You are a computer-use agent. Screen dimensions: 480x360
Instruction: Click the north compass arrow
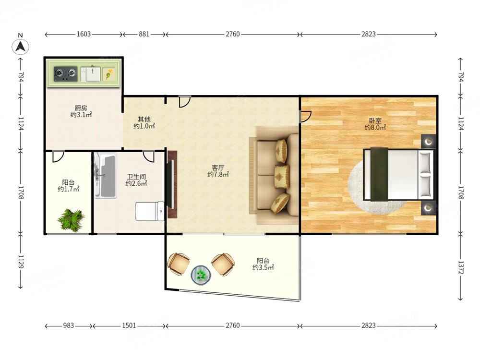coord(21,47)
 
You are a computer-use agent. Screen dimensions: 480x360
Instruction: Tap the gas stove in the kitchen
coord(65,74)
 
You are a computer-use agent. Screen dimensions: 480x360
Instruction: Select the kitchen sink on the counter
coord(90,74)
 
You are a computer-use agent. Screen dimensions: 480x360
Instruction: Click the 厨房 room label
coord(81,108)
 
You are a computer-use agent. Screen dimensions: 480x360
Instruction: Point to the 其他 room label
coord(144,120)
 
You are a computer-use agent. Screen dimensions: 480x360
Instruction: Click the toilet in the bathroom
coord(150,211)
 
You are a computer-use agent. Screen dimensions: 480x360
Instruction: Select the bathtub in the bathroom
coord(105,175)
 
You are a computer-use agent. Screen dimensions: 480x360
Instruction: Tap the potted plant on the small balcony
coord(71,219)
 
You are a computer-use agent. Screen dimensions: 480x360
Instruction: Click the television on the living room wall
coord(171,184)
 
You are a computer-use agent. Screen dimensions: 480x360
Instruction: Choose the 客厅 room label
coord(218,168)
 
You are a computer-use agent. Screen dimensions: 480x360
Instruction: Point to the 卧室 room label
coord(375,120)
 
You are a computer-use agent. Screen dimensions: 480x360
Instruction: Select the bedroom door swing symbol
coord(306,117)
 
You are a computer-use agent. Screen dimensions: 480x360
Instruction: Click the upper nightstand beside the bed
coord(429,142)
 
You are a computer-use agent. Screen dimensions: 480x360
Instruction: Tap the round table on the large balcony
coord(201,275)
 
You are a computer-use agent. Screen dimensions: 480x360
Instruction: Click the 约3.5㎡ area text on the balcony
coord(263,267)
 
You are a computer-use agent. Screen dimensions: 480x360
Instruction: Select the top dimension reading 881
coord(144,34)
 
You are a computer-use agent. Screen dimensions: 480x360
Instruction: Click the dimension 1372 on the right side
coord(461,267)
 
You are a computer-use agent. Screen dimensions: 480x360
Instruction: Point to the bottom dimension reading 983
coord(69,325)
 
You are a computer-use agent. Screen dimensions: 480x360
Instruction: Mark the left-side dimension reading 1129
coord(21,262)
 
